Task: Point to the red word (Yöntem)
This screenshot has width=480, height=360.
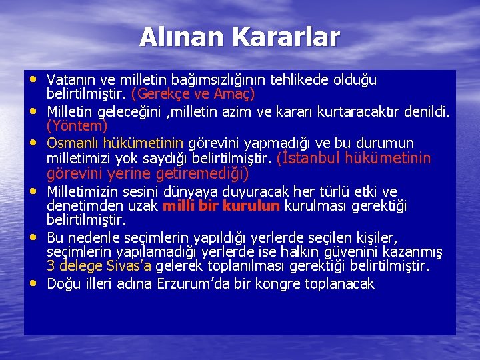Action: pyautogui.click(x=77, y=125)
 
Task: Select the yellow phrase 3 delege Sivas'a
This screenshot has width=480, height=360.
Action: pyautogui.click(x=99, y=266)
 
